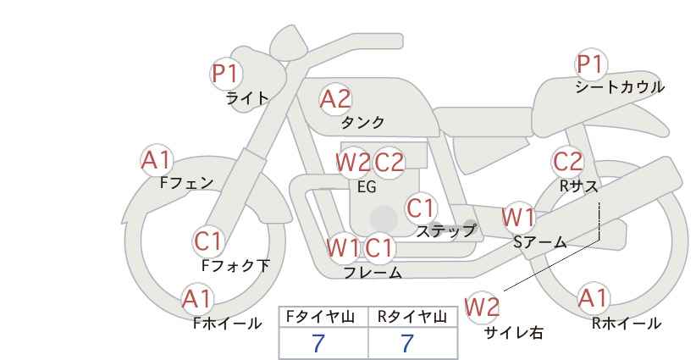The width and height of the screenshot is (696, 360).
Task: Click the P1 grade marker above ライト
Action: coord(226,73)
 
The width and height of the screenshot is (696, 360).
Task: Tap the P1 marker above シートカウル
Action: coord(591,64)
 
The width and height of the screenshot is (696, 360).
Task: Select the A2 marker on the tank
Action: coord(335,99)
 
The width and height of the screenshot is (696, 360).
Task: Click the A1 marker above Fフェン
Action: coord(157,160)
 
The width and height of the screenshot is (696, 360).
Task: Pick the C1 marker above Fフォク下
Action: coord(208,242)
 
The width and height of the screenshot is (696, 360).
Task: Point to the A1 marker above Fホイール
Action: coord(197,299)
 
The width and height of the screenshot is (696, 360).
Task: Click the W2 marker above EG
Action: coord(353,163)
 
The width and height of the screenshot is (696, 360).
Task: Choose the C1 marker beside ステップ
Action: coord(421,208)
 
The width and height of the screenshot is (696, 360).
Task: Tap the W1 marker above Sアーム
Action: coord(518,218)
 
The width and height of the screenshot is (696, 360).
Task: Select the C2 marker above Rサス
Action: coord(567,162)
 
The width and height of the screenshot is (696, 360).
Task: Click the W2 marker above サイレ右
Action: coord(482,307)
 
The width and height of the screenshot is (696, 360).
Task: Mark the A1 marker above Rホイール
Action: coord(593,298)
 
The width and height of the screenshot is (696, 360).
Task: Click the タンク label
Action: coord(362,122)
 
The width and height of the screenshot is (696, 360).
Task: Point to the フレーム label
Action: coord(373,273)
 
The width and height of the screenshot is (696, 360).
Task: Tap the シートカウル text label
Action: coord(620,87)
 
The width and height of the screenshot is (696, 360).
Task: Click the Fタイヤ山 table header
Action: coord(320,317)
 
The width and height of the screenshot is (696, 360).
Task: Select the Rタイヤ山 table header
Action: coord(412,317)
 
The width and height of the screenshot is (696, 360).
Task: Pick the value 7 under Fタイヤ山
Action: coord(318,343)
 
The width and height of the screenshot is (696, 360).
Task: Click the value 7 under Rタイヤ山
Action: coord(407,343)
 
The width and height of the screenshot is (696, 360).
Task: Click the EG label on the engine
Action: coord(367,187)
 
